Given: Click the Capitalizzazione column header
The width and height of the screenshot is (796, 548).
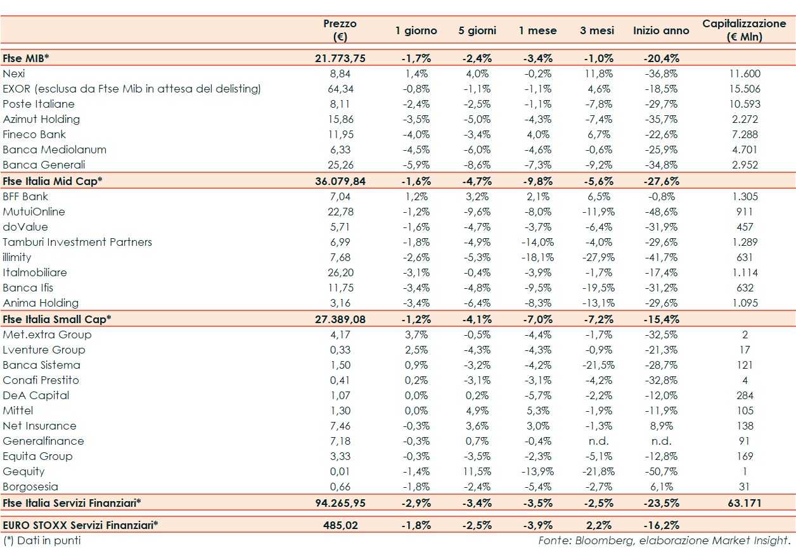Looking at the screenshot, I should click(x=744, y=30).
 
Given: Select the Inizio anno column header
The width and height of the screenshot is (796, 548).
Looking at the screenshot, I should click(x=661, y=30).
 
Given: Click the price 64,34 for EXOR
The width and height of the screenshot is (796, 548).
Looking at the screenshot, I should click(x=340, y=89).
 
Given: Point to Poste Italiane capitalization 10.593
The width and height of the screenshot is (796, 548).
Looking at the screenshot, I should click(x=744, y=104).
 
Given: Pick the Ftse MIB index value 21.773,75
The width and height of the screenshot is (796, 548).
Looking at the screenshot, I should click(x=340, y=58).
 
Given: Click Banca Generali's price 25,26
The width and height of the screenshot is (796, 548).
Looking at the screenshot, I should click(x=340, y=165).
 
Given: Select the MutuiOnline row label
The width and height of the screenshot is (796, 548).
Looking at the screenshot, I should click(x=34, y=212).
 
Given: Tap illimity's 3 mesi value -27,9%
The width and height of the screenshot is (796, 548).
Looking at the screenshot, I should click(x=596, y=257).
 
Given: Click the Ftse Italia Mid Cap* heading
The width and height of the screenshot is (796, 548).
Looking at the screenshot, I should click(x=53, y=181).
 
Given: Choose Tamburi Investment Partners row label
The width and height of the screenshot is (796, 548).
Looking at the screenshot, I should click(x=77, y=242).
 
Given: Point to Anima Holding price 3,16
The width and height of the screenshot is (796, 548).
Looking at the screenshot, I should click(x=340, y=303).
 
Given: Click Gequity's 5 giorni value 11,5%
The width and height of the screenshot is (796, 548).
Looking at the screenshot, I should click(x=477, y=471).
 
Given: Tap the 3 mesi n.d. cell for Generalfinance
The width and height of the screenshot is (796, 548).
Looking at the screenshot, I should click(x=596, y=441).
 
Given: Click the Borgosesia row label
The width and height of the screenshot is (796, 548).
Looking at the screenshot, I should click(x=30, y=487).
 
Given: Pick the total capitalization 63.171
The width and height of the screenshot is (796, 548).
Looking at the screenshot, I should click(x=744, y=502).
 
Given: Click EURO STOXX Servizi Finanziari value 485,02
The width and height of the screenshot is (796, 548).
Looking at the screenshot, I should click(x=340, y=525).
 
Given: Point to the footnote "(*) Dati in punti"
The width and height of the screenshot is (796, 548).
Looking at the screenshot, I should click(x=42, y=540).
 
